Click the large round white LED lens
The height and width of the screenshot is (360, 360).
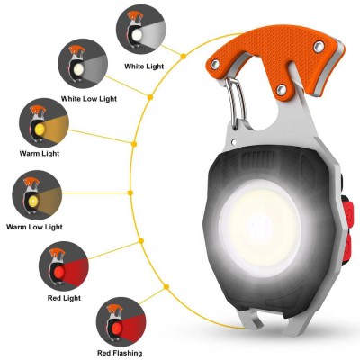pos(263,224)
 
